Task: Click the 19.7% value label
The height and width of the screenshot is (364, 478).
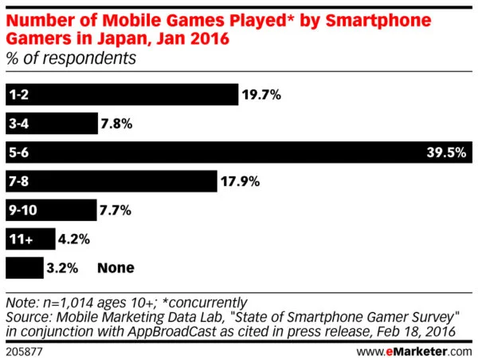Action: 261,95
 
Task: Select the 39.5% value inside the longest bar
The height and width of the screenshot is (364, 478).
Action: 446,152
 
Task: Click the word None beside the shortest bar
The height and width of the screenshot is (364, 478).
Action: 115,267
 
